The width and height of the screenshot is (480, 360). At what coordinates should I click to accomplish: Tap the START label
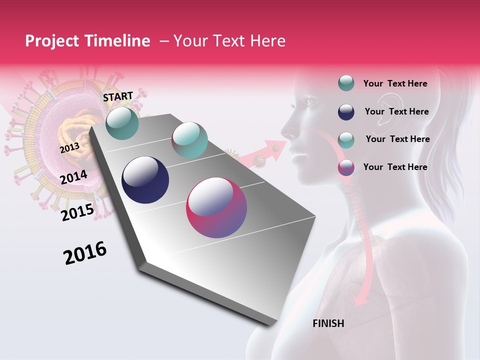tap(118, 96)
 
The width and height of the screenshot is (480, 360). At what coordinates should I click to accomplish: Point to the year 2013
tap(69, 148)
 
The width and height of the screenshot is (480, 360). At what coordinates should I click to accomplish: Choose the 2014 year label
tap(73, 177)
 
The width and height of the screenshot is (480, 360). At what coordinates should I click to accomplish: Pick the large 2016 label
tap(85, 253)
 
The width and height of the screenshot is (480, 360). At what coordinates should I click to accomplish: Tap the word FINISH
tap(328, 323)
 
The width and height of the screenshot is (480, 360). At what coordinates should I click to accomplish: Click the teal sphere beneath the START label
tap(122, 123)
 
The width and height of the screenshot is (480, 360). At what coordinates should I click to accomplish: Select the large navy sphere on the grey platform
tap(145, 180)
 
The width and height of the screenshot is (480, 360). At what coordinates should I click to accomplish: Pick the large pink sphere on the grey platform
tap(216, 207)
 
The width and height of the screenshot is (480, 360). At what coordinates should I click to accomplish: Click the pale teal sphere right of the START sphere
tap(189, 140)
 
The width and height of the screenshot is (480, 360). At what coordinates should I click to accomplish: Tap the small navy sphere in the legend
tap(346, 112)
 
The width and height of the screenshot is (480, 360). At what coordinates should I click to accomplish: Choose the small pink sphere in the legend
tap(346, 167)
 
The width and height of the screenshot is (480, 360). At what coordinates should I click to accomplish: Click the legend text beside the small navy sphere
tap(396, 111)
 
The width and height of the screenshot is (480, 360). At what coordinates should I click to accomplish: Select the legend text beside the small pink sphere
tap(395, 167)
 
